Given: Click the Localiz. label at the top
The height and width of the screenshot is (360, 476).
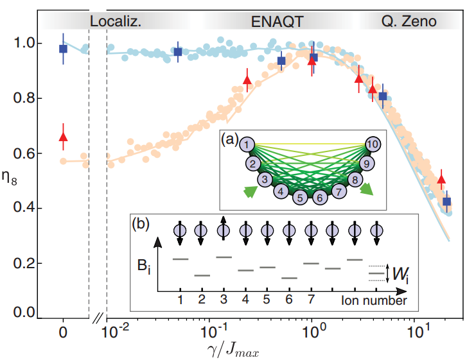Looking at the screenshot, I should (x=115, y=21).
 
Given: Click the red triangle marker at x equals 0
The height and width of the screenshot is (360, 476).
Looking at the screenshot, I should (x=63, y=136).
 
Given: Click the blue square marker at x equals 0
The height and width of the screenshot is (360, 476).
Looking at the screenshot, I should (x=63, y=49).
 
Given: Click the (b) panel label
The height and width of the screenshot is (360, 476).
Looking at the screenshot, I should (x=143, y=225).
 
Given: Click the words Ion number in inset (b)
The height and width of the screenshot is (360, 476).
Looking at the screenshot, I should (x=374, y=300).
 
